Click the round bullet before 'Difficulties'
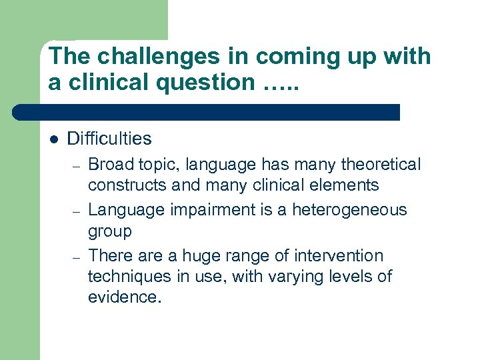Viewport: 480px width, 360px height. [54, 139]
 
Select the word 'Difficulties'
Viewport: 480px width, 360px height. [109, 139]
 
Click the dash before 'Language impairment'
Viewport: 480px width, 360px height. [77, 211]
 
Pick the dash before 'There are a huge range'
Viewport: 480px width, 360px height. [77, 257]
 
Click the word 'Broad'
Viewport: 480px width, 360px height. [111, 164]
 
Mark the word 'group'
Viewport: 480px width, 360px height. [110, 232]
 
